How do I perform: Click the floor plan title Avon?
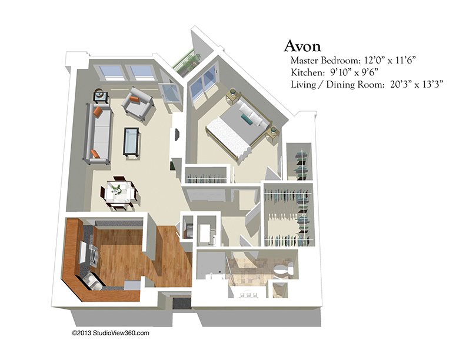click(x=302, y=46)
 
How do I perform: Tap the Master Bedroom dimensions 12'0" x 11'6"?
click(x=388, y=61)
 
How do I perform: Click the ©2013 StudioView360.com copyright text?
click(x=110, y=333)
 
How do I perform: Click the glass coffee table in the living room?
click(x=131, y=141)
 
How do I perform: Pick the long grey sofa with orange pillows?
click(x=99, y=134)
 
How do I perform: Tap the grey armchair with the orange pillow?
click(x=138, y=104)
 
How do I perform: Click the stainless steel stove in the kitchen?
click(x=90, y=253)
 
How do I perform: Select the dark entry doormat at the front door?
click(x=181, y=304)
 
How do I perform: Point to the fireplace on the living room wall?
click(x=177, y=135)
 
